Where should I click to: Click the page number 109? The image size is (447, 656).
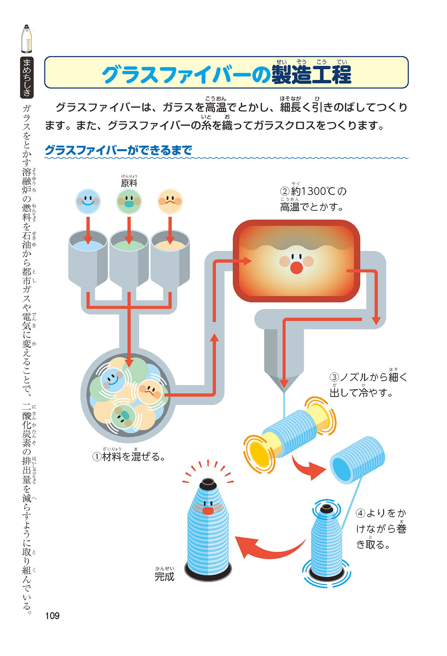tap(52, 615)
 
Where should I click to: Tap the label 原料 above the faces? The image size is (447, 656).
tap(129, 183)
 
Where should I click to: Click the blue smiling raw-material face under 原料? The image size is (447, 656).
tap(88, 201)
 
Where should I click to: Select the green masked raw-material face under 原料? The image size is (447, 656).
tap(129, 201)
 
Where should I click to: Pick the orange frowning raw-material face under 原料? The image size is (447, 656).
tap(170, 201)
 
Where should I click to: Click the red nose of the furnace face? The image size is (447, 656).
tap(296, 268)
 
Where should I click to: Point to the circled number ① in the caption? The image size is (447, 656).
tap(97, 457)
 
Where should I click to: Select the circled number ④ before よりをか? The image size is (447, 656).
tap(360, 514)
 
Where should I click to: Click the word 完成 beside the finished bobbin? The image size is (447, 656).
tap(164, 577)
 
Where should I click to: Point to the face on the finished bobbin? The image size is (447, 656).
tap(207, 507)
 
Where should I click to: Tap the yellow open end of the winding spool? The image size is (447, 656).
tap(259, 453)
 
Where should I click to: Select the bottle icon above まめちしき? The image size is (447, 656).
tap(26, 39)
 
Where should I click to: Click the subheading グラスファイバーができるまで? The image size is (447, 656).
tap(118, 150)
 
